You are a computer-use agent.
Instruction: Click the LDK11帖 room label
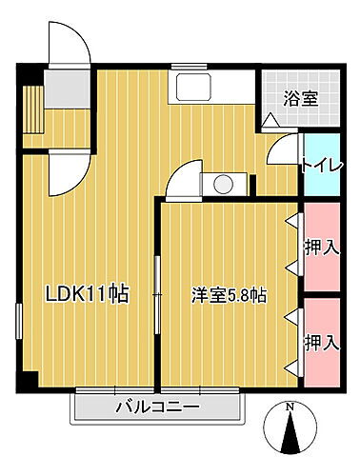pyautogui.click(x=89, y=294)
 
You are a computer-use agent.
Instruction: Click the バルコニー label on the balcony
pyautogui.click(x=158, y=407)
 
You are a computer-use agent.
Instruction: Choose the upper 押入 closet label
pyautogui.click(x=322, y=248)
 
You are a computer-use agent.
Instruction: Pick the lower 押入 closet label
pyautogui.click(x=322, y=340)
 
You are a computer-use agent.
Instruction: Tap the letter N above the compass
pyautogui.click(x=291, y=410)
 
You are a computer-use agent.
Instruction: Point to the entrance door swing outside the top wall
pyautogui.click(x=70, y=43)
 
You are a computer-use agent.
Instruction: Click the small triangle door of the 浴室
pyautogui.click(x=270, y=121)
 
